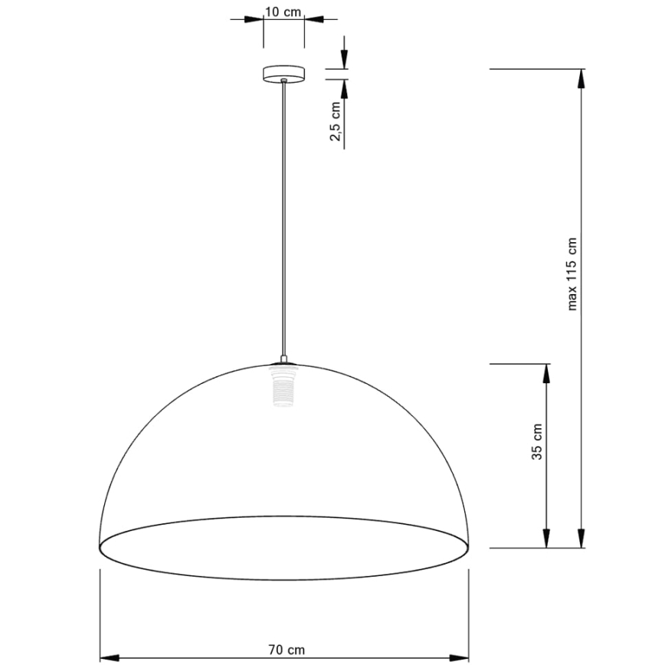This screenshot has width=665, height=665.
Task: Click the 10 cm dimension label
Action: (x=283, y=11)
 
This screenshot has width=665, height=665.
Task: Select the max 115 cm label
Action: (x=572, y=273)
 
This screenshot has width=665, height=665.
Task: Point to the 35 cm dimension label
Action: (x=537, y=441)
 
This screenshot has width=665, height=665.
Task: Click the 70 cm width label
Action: (x=283, y=650)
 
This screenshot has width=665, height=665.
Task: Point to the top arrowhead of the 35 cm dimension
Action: (x=546, y=372)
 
